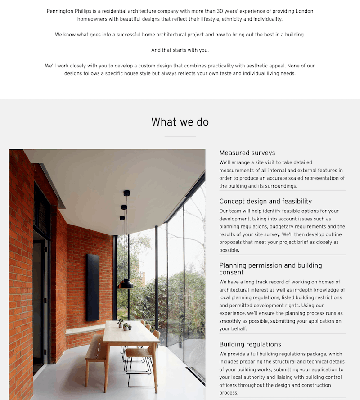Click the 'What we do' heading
coord(180,122)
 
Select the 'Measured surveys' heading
coord(247,153)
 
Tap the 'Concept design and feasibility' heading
coord(265,202)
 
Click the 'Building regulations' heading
coord(250,344)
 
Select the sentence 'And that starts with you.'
coord(180,50)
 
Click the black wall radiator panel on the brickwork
coord(93,287)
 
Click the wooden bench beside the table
coord(95,349)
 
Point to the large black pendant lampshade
coord(126,283)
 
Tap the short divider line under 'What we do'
coord(180,136)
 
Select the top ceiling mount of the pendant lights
coord(126,193)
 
